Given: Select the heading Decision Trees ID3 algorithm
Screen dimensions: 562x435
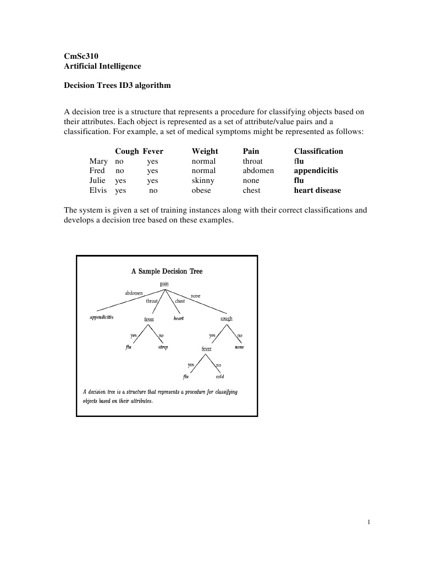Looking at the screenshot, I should pos(117,86).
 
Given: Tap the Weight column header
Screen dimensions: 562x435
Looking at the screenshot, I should pos(205,151).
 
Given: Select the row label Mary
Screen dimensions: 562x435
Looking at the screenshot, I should pos(98,161).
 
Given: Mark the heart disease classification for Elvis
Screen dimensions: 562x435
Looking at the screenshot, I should pos(317,191).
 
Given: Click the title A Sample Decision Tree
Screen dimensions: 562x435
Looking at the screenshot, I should pos(167,271).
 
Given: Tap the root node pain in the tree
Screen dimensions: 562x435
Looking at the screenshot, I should pos(164,283).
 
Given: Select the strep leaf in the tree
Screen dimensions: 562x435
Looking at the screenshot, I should pos(163,347).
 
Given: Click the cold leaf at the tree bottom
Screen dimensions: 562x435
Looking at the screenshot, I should pos(219,377).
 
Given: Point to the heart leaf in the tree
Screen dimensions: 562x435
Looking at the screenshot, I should pos(178,319).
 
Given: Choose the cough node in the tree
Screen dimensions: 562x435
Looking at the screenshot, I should pos(226,319).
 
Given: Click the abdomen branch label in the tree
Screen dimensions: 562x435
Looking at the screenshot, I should pos(134,293).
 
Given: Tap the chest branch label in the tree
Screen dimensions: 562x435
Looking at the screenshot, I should pos(180,301).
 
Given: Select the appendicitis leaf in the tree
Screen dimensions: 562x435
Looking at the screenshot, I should pos(102,318).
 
